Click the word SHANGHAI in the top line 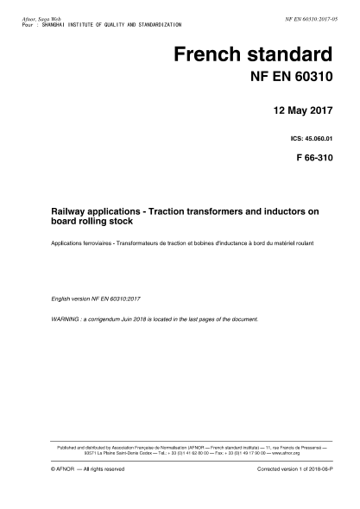[x=58, y=16]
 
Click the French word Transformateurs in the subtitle [x=144, y=243]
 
